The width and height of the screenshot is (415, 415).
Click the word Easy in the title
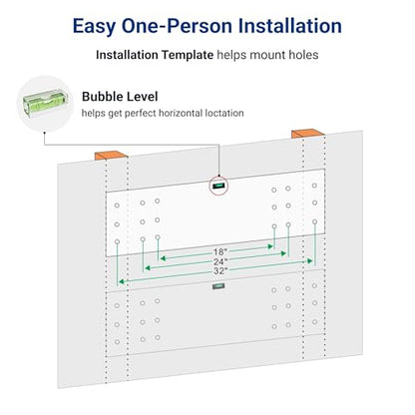pyautogui.click(x=94, y=27)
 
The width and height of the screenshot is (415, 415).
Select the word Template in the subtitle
pyautogui.click(x=188, y=55)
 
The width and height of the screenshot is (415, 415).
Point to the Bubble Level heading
pyautogui.click(x=120, y=97)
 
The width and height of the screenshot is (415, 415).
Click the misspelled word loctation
pyautogui.click(x=224, y=113)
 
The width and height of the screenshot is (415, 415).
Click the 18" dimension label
pyautogui.click(x=220, y=251)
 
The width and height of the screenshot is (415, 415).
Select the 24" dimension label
pyautogui.click(x=220, y=261)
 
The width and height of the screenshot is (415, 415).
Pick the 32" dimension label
pyautogui.click(x=220, y=271)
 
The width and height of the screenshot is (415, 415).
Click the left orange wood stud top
pyautogui.click(x=111, y=155)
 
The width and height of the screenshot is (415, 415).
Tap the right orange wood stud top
pyautogui.click(x=307, y=133)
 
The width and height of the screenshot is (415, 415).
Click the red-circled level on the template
pyautogui.click(x=218, y=186)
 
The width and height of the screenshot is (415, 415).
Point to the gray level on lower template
pyautogui.click(x=218, y=286)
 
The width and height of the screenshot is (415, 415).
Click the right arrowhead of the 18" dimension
pyautogui.click(x=270, y=246)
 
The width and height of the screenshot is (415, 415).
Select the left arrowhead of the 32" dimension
pyautogui.click(x=122, y=282)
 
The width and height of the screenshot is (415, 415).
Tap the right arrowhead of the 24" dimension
pyautogui.click(x=283, y=253)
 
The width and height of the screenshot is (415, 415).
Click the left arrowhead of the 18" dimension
pyautogui.click(x=163, y=258)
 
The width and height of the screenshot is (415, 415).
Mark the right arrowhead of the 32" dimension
pyautogui.click(x=310, y=261)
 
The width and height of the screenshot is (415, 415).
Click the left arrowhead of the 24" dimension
pyautogui.click(x=148, y=267)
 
